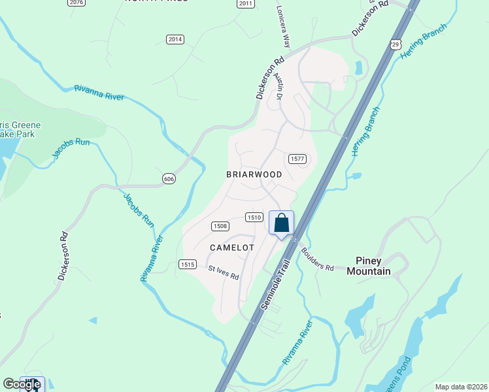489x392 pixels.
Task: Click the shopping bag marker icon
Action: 282,223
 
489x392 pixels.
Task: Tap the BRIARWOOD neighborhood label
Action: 254,174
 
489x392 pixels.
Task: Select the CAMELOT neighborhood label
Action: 231,248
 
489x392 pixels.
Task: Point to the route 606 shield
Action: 169,178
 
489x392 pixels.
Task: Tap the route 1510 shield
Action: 254,217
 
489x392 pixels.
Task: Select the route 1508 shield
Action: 220,226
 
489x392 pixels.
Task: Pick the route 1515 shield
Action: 188,264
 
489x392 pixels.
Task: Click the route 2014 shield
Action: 175,40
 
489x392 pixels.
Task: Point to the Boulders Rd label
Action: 317,258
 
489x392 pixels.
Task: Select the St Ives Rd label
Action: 224,272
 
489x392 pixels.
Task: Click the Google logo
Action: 21,384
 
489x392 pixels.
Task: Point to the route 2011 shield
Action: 245,3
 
